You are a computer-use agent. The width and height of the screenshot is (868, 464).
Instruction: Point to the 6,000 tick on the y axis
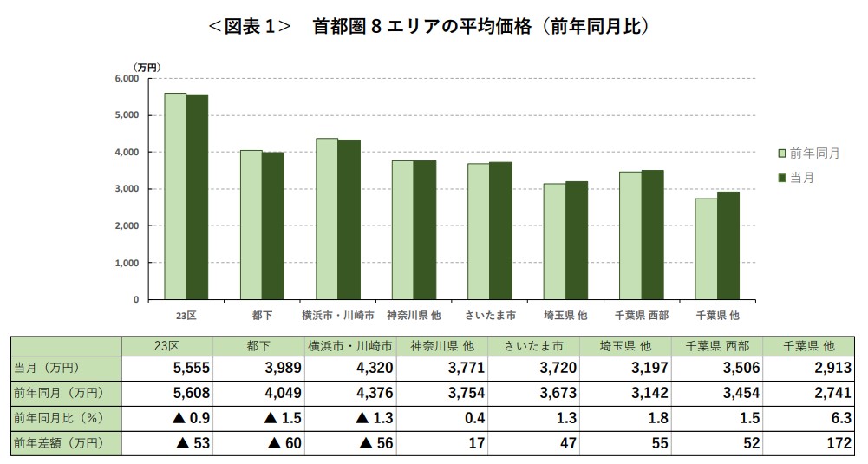(127, 79)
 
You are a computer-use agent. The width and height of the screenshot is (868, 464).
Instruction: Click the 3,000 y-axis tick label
(127, 189)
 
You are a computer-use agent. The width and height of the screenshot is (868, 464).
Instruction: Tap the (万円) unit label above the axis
(147, 66)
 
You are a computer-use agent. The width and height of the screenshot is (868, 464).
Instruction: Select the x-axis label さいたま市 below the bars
(490, 315)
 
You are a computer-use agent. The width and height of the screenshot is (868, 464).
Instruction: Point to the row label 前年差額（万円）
(58, 443)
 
